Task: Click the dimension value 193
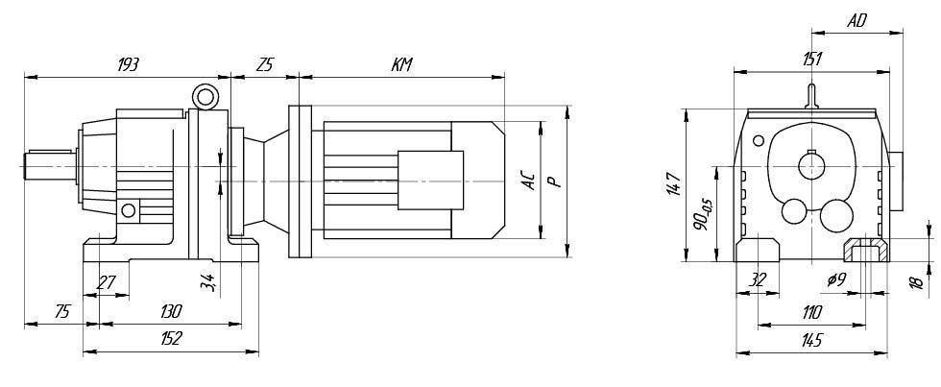pyautogui.click(x=128, y=64)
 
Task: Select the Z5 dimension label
pyautogui.click(x=264, y=64)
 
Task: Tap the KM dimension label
pyautogui.click(x=401, y=64)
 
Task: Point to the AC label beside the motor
pyautogui.click(x=530, y=180)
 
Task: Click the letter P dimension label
pyautogui.click(x=556, y=180)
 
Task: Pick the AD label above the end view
pyautogui.click(x=857, y=21)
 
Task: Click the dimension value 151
pyautogui.click(x=812, y=59)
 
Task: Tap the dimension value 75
pyautogui.click(x=61, y=311)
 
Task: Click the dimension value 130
pyautogui.click(x=171, y=311)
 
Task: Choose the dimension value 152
pyautogui.click(x=171, y=339)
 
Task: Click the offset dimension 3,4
pyautogui.click(x=206, y=280)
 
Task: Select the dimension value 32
pyautogui.click(x=759, y=279)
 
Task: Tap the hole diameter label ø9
pyautogui.click(x=836, y=279)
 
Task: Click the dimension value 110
pyautogui.click(x=812, y=312)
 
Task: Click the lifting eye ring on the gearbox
pyautogui.click(x=205, y=96)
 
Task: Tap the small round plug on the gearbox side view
pyautogui.click(x=129, y=210)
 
